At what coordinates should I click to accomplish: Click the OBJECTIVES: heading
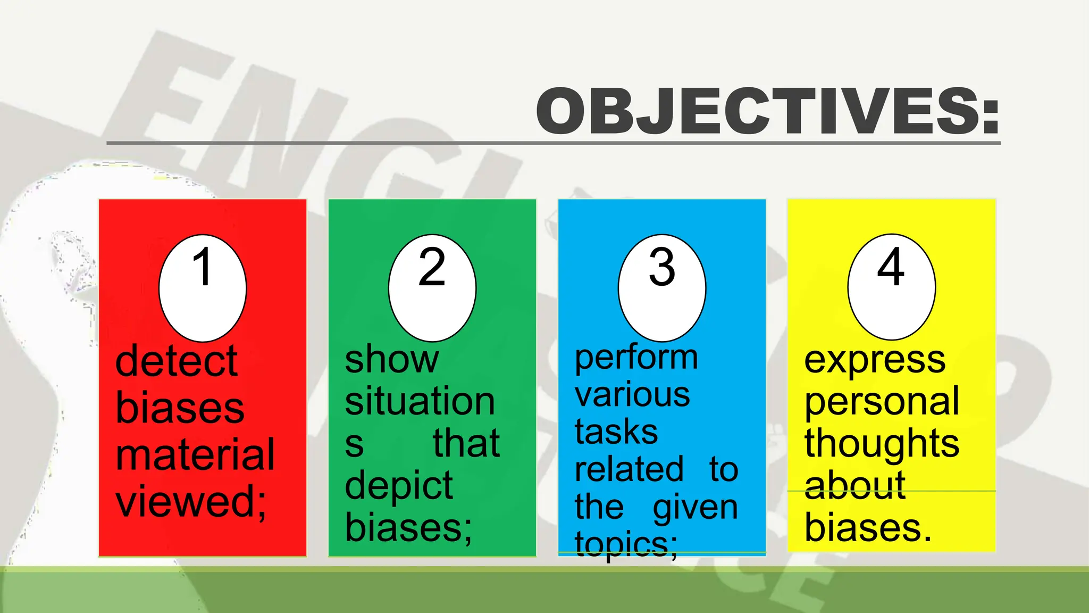coord(768,112)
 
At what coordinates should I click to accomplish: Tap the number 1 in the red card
coord(203,267)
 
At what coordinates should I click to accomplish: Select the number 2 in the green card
coord(432,267)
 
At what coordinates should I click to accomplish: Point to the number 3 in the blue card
coord(662,267)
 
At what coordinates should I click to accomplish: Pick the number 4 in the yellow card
coord(891,267)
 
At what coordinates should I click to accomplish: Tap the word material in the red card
coord(195,455)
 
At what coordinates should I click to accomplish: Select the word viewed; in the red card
coord(191,502)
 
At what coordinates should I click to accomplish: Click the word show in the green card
coord(391,360)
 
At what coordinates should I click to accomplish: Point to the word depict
coord(399,485)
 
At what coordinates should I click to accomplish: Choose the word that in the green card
coord(466,443)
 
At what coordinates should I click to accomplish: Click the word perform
coord(636,358)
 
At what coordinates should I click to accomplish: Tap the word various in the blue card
coord(632,395)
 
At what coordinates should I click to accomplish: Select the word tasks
coord(616,432)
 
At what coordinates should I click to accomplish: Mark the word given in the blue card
coord(696,508)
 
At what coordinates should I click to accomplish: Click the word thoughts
coord(882,443)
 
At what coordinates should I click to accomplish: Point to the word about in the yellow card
coord(855,485)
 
